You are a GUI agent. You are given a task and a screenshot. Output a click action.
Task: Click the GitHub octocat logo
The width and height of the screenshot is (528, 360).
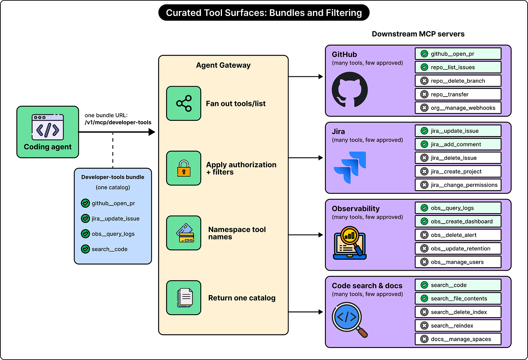pyautogui.click(x=350, y=90)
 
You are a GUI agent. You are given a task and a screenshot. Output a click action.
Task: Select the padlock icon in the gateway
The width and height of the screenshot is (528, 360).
pyautogui.click(x=183, y=168)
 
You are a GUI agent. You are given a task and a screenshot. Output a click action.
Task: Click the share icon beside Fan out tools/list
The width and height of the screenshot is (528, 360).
pyautogui.click(x=184, y=103)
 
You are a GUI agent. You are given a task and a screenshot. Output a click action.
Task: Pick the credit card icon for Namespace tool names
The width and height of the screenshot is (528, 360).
pyautogui.click(x=185, y=233)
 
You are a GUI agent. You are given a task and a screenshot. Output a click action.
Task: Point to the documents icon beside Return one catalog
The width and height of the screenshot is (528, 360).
pyautogui.click(x=185, y=298)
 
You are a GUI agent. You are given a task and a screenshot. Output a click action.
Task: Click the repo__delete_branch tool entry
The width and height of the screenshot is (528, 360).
pyautogui.click(x=458, y=81)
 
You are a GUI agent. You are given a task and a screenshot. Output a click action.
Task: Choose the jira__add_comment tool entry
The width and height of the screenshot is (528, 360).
pyautogui.click(x=458, y=144)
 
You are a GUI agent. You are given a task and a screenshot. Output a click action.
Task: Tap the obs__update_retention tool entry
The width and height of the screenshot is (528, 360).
pyautogui.click(x=458, y=249)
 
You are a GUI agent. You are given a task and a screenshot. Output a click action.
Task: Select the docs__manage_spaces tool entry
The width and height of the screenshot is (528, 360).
pyautogui.click(x=458, y=339)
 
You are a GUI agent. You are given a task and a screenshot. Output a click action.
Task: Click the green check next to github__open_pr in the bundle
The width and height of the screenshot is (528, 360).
pyautogui.click(x=85, y=203)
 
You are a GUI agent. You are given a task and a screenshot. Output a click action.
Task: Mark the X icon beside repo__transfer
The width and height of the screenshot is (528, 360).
pyautogui.click(x=424, y=94)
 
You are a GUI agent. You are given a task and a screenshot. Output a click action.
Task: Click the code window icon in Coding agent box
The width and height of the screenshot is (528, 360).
pyautogui.click(x=48, y=127)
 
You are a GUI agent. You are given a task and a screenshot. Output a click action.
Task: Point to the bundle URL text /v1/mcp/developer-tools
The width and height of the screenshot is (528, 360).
pyautogui.click(x=118, y=122)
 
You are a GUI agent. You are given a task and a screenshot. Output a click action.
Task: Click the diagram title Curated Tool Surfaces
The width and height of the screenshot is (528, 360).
pyautogui.click(x=264, y=13)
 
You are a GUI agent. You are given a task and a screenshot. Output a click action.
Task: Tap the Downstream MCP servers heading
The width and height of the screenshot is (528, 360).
pyautogui.click(x=418, y=34)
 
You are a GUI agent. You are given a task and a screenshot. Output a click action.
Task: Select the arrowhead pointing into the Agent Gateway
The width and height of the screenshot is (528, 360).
pyautogui.click(x=152, y=132)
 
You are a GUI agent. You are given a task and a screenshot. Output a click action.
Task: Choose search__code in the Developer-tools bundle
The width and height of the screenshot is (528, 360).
pyautogui.click(x=110, y=249)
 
